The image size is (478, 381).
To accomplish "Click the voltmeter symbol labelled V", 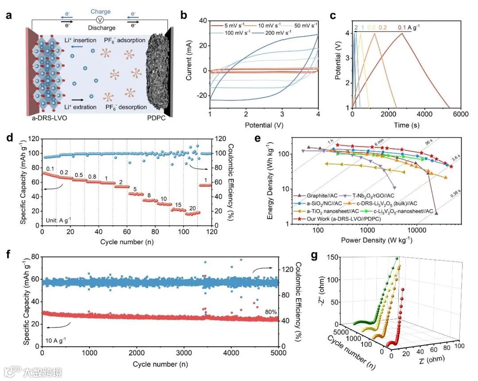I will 100,20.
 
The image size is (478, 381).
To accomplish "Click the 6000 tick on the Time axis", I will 460,114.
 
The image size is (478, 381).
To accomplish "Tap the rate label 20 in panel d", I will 193,208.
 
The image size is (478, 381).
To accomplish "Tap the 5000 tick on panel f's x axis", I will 278,352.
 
